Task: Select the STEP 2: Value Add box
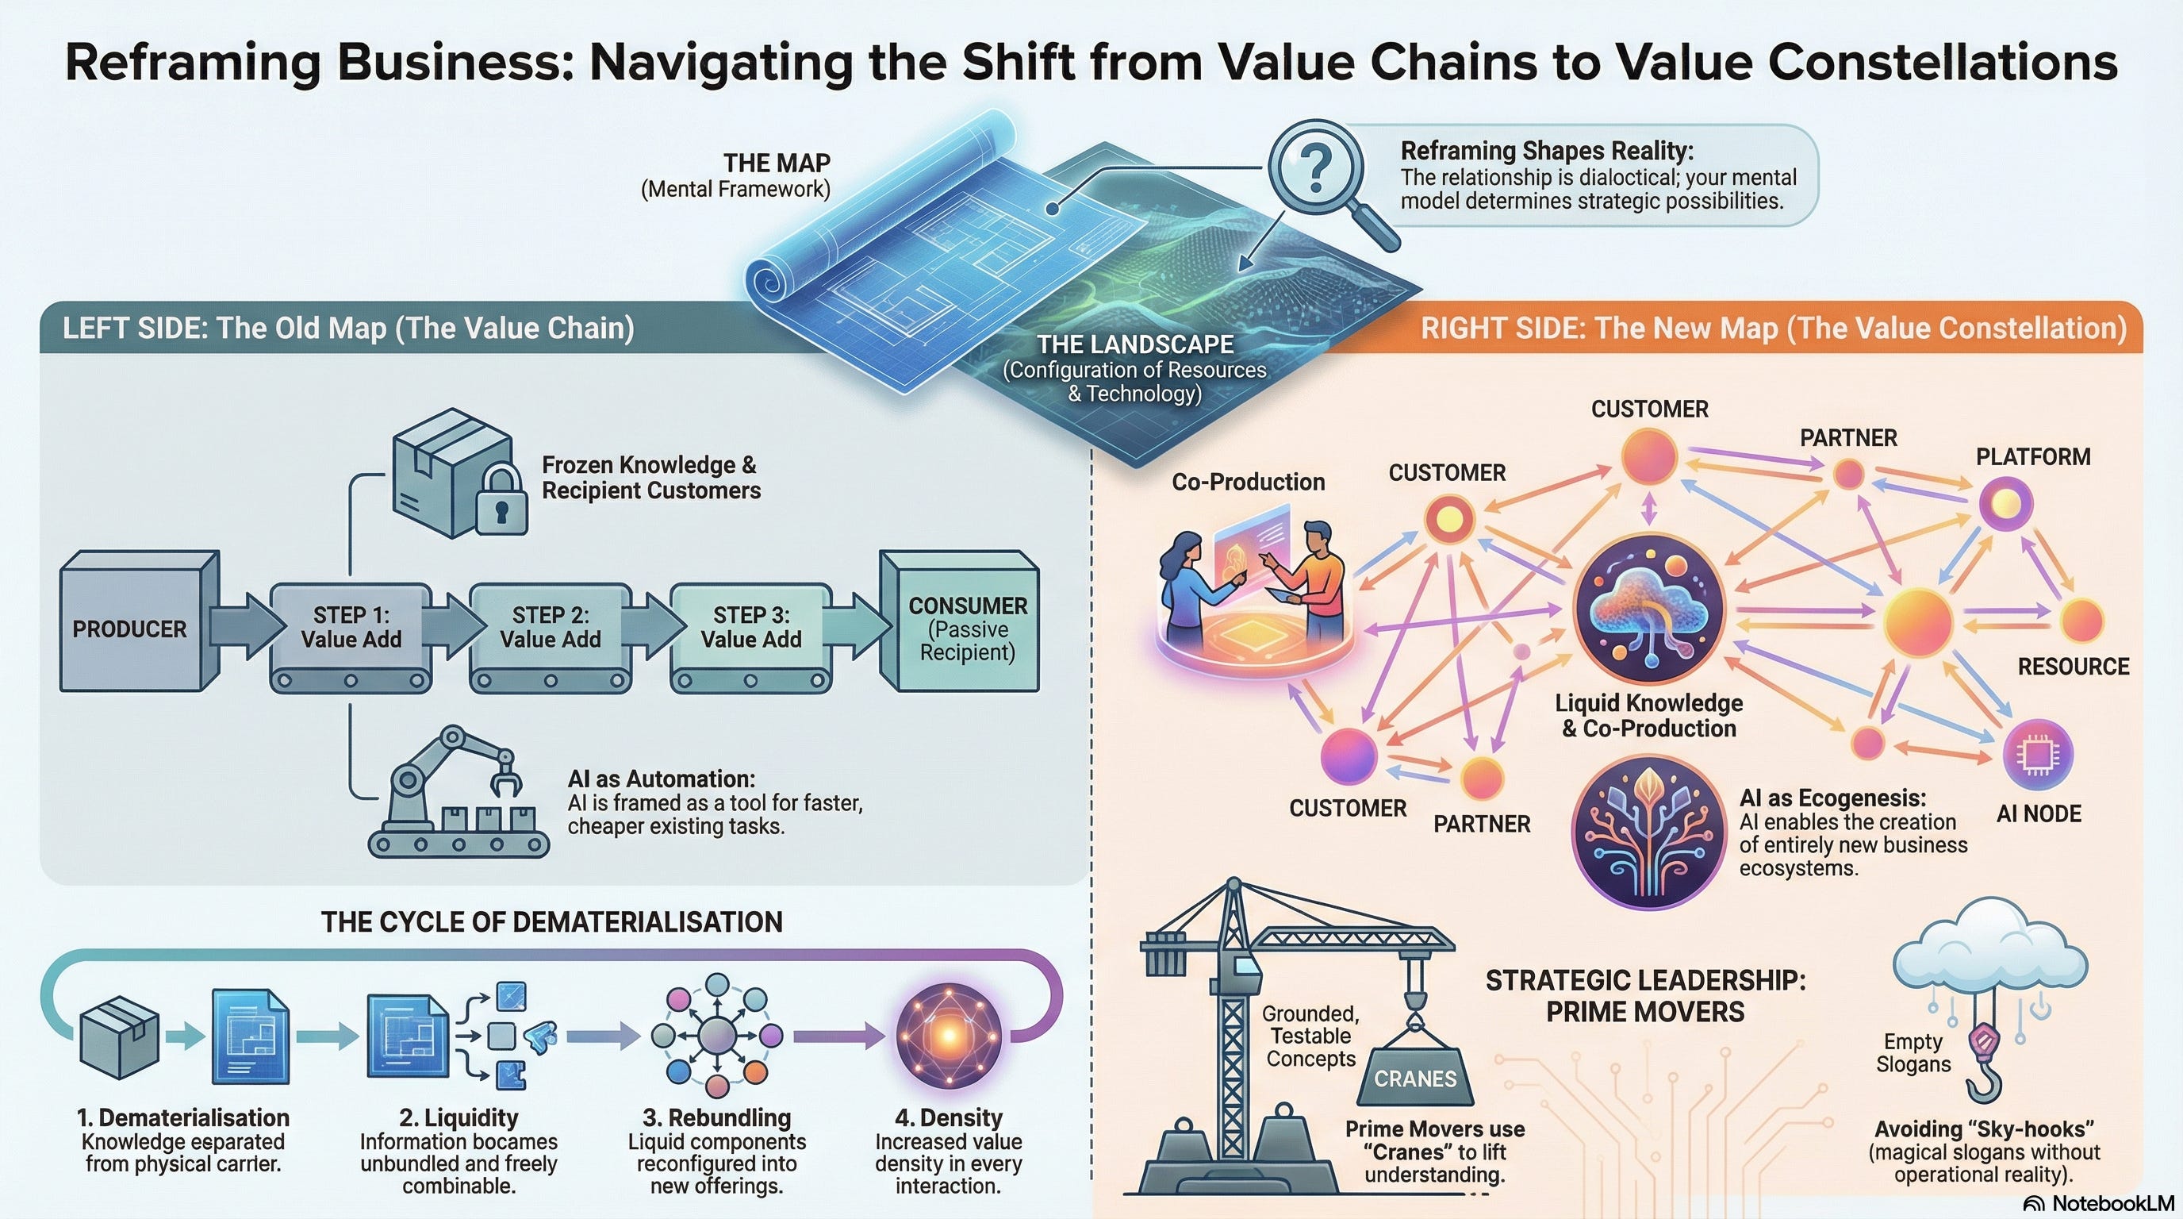coord(550,627)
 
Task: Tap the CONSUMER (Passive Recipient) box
coord(967,628)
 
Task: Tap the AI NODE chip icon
coord(2037,754)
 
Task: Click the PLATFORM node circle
coord(2005,503)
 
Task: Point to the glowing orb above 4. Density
coord(948,1035)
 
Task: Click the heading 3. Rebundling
coord(716,1117)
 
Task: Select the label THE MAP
coord(777,163)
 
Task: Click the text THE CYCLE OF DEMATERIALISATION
coord(551,921)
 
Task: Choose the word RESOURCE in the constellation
coord(2073,667)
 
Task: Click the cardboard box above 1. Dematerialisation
coord(119,1036)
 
